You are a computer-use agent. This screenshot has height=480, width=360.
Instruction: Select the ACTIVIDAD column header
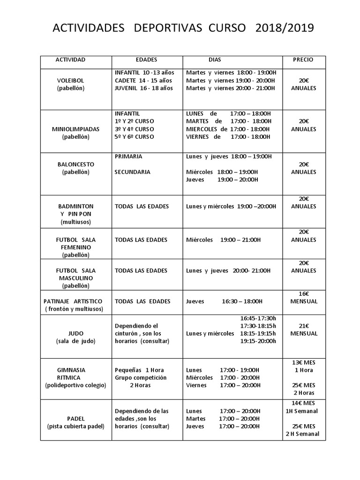pyautogui.click(x=70, y=60)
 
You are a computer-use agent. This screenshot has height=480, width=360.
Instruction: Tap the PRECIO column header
pyautogui.click(x=303, y=60)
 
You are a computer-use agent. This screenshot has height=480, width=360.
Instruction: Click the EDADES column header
pyautogui.click(x=146, y=60)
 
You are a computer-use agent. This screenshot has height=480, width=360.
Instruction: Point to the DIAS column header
pyautogui.click(x=215, y=60)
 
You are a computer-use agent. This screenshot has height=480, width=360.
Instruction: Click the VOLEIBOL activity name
pyautogui.click(x=70, y=81)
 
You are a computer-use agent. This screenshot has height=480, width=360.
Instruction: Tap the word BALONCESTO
pyautogui.click(x=76, y=165)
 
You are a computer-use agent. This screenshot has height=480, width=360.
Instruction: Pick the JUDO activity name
pyautogui.click(x=75, y=333)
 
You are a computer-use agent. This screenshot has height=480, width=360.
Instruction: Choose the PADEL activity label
pyautogui.click(x=75, y=419)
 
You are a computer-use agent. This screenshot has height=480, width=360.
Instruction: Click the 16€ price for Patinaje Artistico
pyautogui.click(x=304, y=293)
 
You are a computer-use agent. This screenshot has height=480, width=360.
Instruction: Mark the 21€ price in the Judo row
pyautogui.click(x=304, y=326)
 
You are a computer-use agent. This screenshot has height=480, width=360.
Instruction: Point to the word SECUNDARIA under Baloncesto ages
pyautogui.click(x=133, y=172)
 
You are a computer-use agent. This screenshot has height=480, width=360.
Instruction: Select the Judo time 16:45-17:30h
pyautogui.click(x=258, y=318)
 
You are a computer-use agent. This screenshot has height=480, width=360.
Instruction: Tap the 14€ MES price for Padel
pyautogui.click(x=303, y=403)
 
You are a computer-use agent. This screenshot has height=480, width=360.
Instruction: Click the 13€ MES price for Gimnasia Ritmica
pyautogui.click(x=303, y=362)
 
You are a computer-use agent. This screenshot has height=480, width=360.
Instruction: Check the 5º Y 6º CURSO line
pyautogui.click(x=135, y=136)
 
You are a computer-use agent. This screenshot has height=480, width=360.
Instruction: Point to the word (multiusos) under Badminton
pyautogui.click(x=75, y=222)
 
